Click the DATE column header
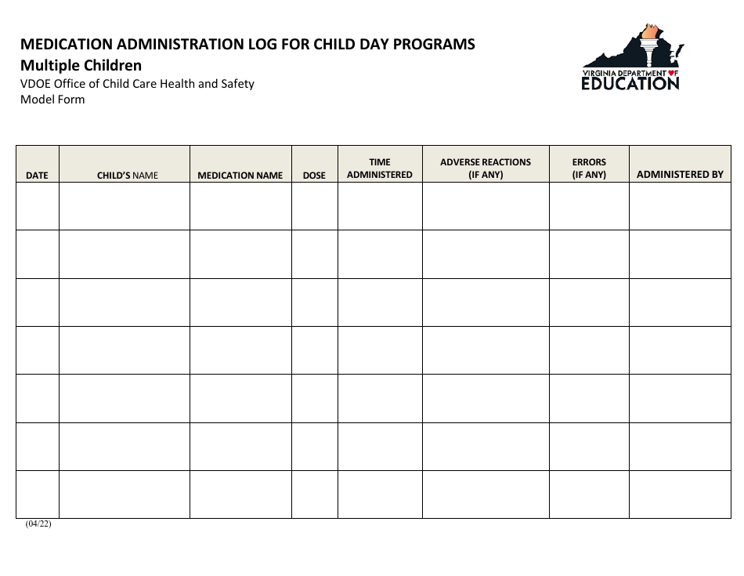click(x=37, y=176)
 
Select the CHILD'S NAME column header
click(x=127, y=176)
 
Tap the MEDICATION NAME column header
click(x=240, y=176)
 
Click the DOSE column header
click(x=314, y=176)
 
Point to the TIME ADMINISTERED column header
click(x=380, y=168)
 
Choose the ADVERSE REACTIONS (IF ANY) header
click(x=486, y=168)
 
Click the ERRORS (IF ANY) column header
click(x=589, y=168)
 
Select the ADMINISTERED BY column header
click(x=680, y=174)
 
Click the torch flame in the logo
click(x=649, y=31)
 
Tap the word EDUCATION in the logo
click(x=630, y=83)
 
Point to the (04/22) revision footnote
click(x=38, y=524)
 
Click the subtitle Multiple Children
click(x=81, y=65)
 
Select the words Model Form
click(x=52, y=100)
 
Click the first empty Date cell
click(x=38, y=206)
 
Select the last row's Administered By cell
click(x=680, y=494)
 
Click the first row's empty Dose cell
click(x=314, y=206)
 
